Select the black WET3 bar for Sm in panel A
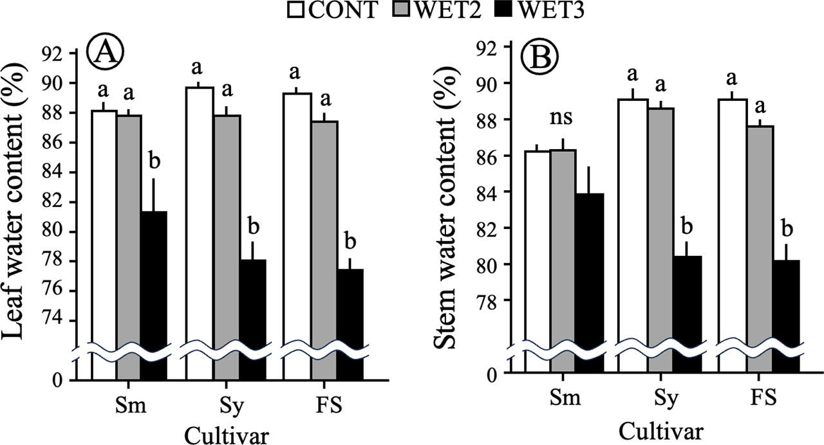pos(154,283)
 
